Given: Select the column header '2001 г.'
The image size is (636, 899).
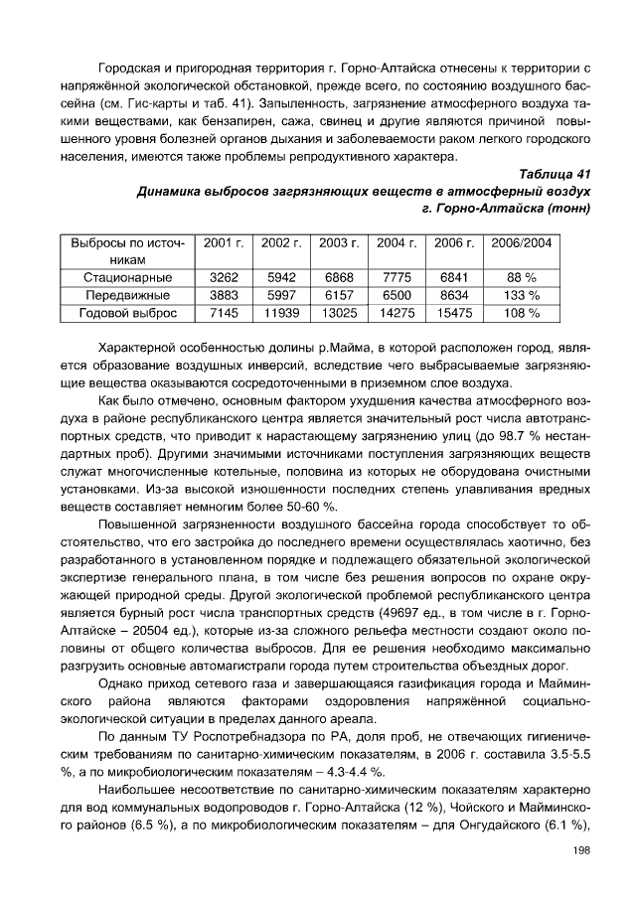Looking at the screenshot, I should pyautogui.click(x=225, y=242).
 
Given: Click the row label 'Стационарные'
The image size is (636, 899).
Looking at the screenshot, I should pyautogui.click(x=127, y=277).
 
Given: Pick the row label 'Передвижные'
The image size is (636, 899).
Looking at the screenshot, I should pyautogui.click(x=127, y=295).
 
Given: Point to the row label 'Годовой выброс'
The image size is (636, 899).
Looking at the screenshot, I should pyautogui.click(x=127, y=313).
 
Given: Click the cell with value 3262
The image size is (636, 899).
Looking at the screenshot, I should pyautogui.click(x=225, y=277).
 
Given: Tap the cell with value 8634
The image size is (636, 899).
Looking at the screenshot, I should pyautogui.click(x=454, y=295).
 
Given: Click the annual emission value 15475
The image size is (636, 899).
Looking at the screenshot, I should pyautogui.click(x=454, y=313).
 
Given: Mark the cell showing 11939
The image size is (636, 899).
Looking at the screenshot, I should pyautogui.click(x=281, y=313).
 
